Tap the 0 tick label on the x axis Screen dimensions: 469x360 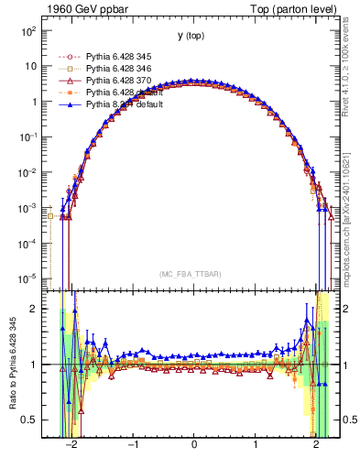[x=194, y=445]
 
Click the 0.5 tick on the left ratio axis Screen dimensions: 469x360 [x=35, y=420]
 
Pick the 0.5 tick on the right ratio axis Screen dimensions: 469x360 [x=348, y=420]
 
